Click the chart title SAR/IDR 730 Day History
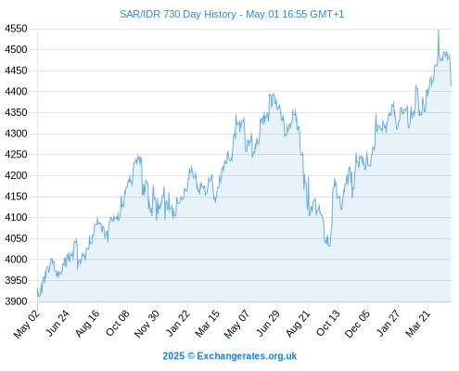coord(178,14)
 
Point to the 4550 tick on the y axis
coord(16,29)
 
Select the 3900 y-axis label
coord(16,301)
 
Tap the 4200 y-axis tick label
coord(16,175)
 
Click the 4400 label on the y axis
coord(16,92)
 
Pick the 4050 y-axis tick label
coord(16,238)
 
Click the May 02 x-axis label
coord(27,324)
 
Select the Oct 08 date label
coord(117,323)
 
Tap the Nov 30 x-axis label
coord(147,324)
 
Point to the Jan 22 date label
coord(178,323)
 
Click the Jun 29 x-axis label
coord(268,323)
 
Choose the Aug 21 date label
coord(298,323)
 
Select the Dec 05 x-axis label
coord(357,324)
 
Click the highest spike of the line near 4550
coord(439,30)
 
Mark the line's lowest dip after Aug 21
coord(329,246)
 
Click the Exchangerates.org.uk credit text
coord(247,356)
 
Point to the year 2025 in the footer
coord(173,356)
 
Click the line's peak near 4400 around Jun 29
coord(272,94)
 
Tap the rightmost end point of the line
coord(451,85)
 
